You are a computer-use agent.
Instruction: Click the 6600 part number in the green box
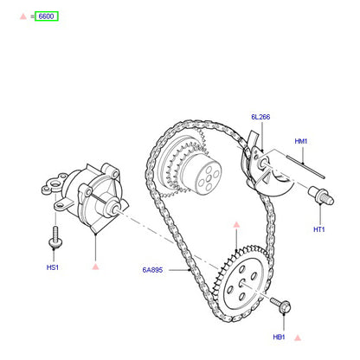click(46, 16)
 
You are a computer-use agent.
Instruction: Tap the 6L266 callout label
click(260, 117)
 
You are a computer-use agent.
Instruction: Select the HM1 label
click(301, 141)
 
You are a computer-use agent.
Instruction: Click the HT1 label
click(319, 229)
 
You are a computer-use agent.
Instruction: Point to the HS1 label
click(53, 267)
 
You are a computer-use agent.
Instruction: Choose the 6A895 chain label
click(152, 270)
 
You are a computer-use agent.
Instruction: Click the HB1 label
click(279, 337)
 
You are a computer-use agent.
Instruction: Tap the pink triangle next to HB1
click(298, 337)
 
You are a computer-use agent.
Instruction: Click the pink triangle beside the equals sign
click(23, 16)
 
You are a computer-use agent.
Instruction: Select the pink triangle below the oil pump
click(95, 267)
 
